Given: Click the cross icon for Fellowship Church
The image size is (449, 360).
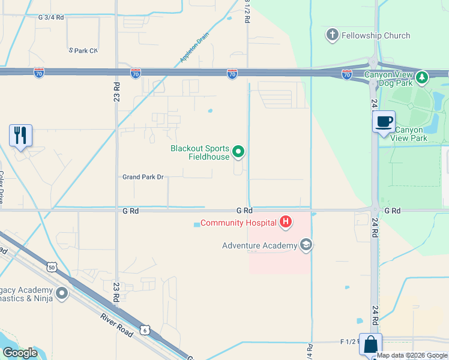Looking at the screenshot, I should point(332,35).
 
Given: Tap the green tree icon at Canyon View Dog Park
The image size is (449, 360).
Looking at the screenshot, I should point(422,77).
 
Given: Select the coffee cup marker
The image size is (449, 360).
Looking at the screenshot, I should point(384,122).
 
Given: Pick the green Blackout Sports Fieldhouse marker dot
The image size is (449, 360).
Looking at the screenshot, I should point(238,152).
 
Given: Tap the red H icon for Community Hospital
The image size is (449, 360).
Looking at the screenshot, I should point(286,223).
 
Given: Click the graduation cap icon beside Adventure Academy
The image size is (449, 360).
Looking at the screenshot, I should point(306,245).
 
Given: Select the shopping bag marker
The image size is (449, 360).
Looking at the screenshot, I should point(370,345).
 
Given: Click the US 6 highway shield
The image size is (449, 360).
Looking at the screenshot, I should point(145,329).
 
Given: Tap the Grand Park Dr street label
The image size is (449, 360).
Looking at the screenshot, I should point(143,177).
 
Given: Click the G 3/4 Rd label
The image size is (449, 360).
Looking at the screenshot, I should point(50,17).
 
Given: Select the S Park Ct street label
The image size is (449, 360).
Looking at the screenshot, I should point(83,50).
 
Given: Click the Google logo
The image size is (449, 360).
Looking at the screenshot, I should point(20,353).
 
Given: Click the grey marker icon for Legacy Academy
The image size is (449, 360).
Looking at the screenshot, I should point(62,293).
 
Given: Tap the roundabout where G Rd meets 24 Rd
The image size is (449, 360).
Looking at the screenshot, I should point(375,210).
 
